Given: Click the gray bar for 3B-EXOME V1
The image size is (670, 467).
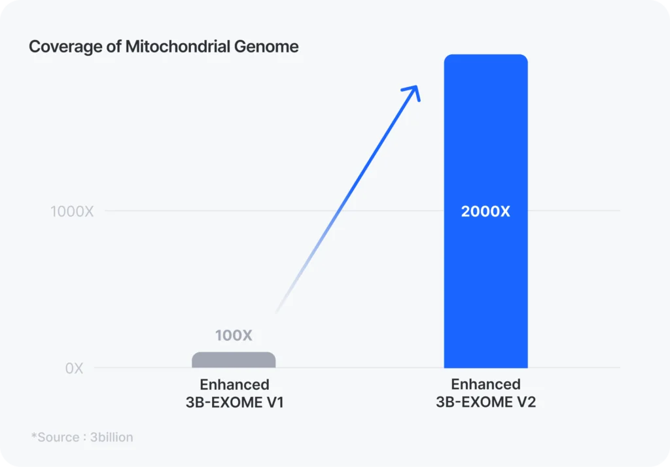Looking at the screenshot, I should click(x=234, y=360).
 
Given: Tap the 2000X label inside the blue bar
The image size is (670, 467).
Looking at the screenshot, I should click(x=485, y=212).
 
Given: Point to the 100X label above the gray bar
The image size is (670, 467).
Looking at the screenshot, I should click(x=234, y=336).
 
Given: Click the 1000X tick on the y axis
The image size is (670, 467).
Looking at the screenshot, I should click(x=72, y=211).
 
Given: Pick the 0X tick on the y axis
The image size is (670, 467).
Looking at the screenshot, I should click(x=74, y=368).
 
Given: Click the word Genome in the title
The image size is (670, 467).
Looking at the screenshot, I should click(x=272, y=47).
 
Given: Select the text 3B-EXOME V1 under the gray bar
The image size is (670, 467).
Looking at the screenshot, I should click(x=234, y=402).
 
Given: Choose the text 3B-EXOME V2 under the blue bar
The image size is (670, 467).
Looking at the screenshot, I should click(x=485, y=402).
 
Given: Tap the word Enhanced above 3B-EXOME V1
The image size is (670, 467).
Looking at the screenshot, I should click(x=234, y=385).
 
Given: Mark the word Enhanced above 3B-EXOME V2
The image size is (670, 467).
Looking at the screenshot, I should click(x=485, y=384).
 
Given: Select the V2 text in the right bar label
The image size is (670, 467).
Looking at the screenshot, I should click(x=526, y=402).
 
